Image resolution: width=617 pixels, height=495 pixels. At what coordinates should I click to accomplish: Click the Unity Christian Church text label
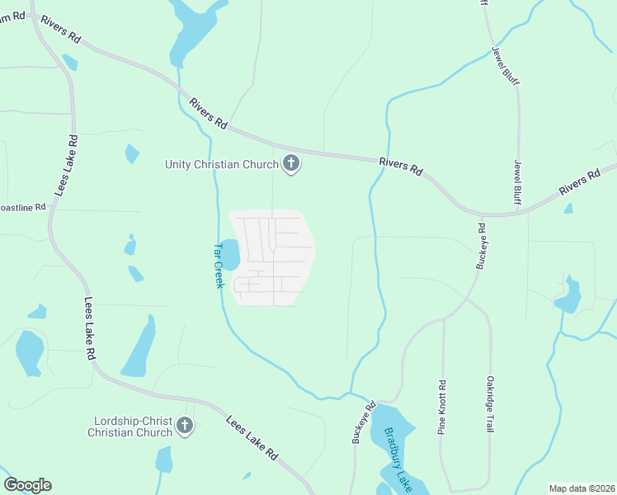click(221, 164)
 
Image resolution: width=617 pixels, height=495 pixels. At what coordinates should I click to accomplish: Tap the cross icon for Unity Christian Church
click(290, 164)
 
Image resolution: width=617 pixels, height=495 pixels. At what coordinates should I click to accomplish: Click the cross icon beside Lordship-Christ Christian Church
click(185, 426)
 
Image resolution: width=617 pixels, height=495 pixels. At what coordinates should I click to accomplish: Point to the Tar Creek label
click(219, 265)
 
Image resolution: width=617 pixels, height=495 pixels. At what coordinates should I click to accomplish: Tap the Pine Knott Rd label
click(442, 407)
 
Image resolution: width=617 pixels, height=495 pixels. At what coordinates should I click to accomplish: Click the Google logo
click(27, 485)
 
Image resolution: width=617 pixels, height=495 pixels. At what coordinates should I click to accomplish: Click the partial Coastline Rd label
click(22, 207)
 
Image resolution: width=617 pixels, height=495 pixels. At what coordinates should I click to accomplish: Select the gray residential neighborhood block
click(272, 257)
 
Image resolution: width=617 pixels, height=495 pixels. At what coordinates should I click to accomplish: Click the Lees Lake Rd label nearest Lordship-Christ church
click(252, 437)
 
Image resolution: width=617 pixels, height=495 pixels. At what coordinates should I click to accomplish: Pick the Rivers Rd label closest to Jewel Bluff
click(579, 183)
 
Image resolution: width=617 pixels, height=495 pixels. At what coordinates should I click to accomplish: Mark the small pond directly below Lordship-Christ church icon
click(164, 460)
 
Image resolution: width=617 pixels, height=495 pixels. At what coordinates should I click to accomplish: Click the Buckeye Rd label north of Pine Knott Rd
click(482, 245)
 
